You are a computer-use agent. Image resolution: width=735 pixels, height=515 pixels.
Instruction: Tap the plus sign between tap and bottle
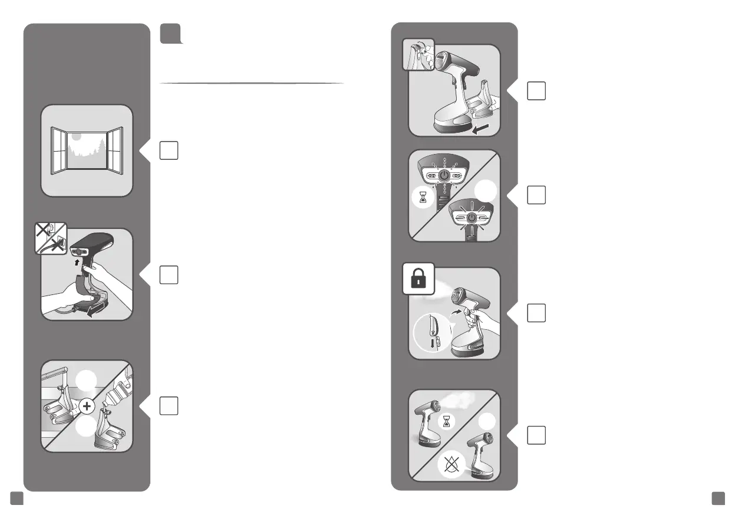(x=90, y=405)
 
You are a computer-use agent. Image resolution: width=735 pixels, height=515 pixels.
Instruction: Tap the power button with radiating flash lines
(x=471, y=218)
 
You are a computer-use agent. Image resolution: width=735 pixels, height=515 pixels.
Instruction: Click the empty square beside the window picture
(x=169, y=150)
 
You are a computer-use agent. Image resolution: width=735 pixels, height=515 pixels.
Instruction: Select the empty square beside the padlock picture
(x=536, y=313)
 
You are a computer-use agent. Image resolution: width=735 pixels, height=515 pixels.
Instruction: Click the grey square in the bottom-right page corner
(x=717, y=498)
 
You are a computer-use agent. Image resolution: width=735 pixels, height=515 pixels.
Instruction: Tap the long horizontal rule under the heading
(x=252, y=83)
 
